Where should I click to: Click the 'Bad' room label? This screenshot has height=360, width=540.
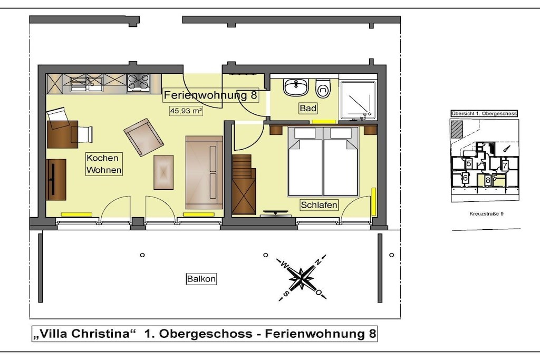tap(308, 109)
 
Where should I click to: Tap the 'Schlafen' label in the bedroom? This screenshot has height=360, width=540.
tap(319, 205)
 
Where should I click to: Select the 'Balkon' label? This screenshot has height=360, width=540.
tap(201, 279)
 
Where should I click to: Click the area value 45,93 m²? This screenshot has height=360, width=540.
tap(186, 111)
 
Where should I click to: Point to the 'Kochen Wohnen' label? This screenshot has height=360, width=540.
tap(104, 164)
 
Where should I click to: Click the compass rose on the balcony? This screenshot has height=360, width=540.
tap(302, 277)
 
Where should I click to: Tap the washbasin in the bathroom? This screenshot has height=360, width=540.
tap(296, 87)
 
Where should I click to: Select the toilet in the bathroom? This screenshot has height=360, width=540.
tap(323, 89)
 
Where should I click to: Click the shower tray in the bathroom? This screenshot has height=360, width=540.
tap(358, 100)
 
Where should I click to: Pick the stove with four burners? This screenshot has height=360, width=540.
tap(139, 83)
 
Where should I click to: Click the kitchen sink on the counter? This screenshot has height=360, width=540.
tap(86, 84)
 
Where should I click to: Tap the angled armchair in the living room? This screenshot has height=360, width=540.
tap(143, 137)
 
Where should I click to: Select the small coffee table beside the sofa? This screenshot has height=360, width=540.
tap(163, 172)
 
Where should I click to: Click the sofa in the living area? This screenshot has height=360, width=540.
tap(204, 172)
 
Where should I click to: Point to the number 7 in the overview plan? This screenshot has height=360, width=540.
tap(505, 166)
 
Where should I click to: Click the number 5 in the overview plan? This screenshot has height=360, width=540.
tap(469, 163)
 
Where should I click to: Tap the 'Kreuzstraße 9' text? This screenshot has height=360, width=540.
tap(486, 213)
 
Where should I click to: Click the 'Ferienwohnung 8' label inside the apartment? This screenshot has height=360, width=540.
tap(210, 95)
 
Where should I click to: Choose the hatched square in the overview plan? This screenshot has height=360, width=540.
tap(457, 130)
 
